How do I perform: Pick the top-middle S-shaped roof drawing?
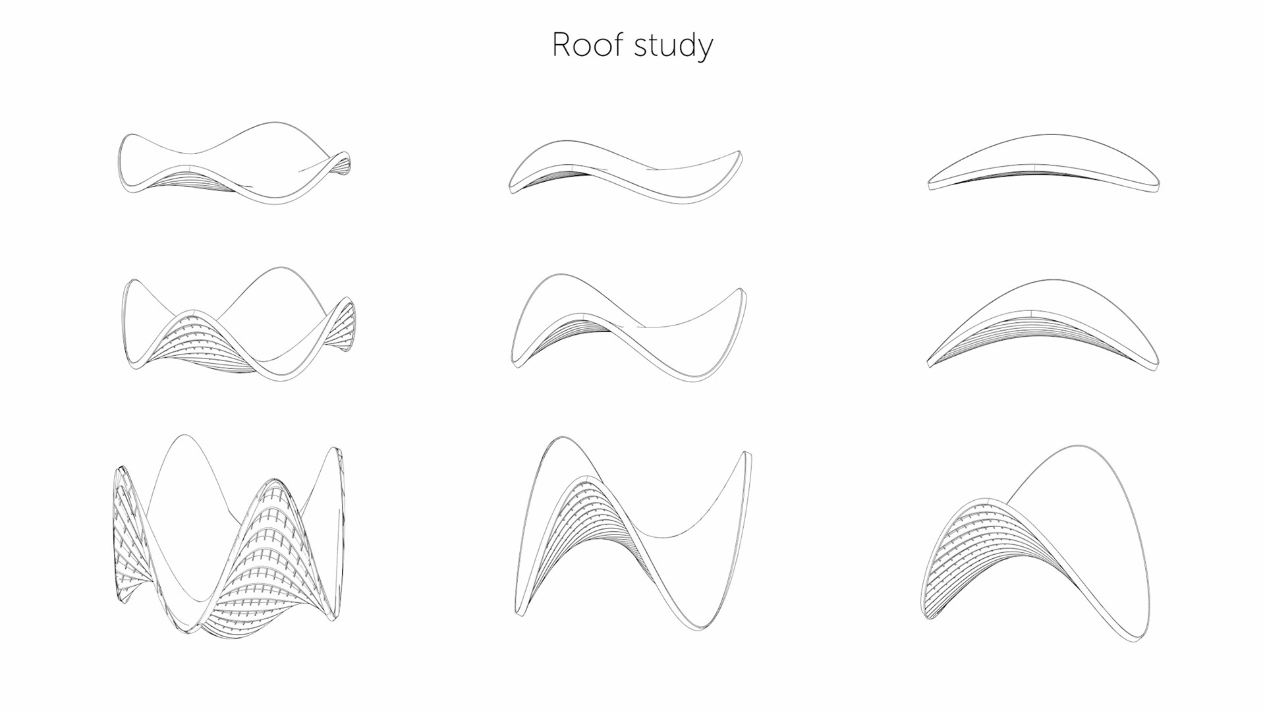tap(625, 169)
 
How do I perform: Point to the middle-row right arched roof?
tap(1043, 326)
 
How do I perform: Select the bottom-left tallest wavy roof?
tap(229, 534)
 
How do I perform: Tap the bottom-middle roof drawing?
tap(632, 534)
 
